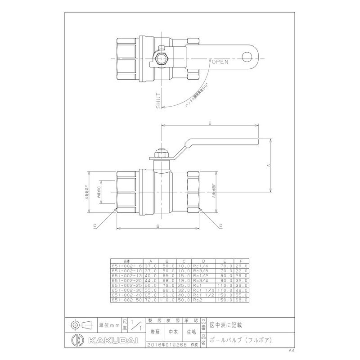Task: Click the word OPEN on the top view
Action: tap(220, 62)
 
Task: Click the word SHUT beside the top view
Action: tap(158, 101)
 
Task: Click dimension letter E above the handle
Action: tap(210, 121)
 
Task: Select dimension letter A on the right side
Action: tap(268, 166)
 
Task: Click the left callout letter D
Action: tap(95, 225)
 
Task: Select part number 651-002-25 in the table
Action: tap(126, 284)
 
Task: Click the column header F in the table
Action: tap(242, 261)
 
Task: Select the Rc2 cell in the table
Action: tap(196, 299)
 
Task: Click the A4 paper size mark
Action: tap(291, 349)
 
